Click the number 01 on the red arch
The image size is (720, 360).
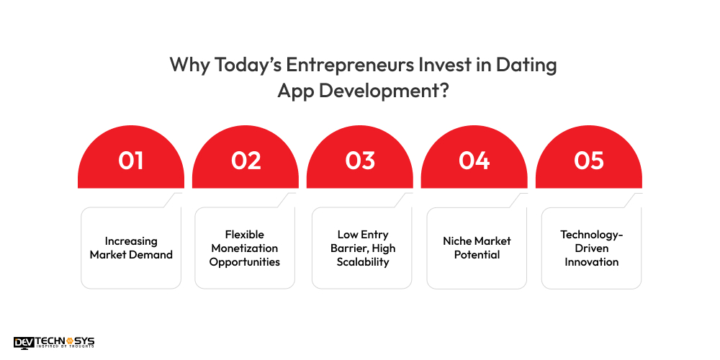pos(130,161)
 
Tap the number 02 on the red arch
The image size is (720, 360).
pos(246,161)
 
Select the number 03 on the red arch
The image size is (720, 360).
pos(360,161)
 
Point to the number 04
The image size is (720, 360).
pos(474,161)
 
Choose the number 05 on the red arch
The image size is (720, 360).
pos(588,161)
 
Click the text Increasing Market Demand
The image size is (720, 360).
pos(131,248)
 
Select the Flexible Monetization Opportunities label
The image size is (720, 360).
pos(245,248)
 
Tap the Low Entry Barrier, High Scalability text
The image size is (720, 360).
pos(363,248)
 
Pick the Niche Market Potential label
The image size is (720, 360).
pos(477,248)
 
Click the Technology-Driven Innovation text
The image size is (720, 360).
pos(591,248)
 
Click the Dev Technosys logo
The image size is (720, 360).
pos(54,343)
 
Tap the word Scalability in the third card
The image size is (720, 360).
pos(363,261)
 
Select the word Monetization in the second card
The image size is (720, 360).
pos(245,248)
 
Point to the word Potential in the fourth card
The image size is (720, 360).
pos(477,255)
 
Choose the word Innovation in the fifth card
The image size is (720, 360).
pos(591,261)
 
